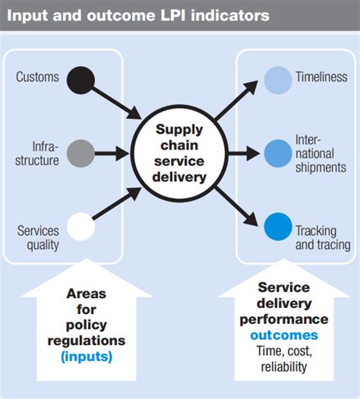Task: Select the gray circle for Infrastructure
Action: pos(80,153)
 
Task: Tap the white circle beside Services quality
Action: pos(80,226)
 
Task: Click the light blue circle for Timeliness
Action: pos(278,79)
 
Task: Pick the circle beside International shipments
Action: pos(278,152)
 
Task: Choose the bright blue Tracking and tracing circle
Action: pos(278,226)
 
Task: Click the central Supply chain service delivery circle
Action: pos(179,155)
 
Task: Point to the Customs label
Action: pos(37,78)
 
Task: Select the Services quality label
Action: pos(38,238)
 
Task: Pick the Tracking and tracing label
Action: pos(323,238)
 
